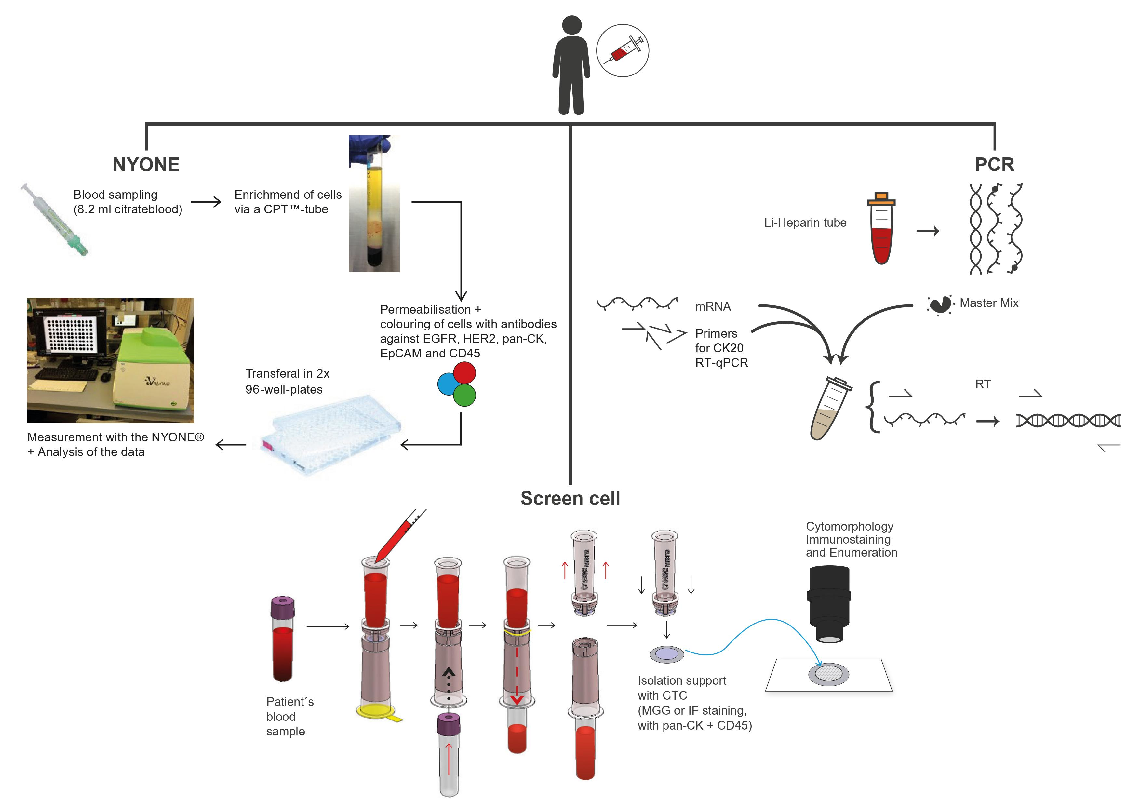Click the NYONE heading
pyautogui.click(x=146, y=165)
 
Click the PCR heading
pyautogui.click(x=994, y=165)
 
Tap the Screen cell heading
pyautogui.click(x=570, y=498)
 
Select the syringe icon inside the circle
pyautogui.click(x=623, y=50)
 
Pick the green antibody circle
pyautogui.click(x=465, y=396)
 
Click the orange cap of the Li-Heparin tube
pyautogui.click(x=881, y=199)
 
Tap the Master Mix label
pyautogui.click(x=988, y=303)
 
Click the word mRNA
pyautogui.click(x=713, y=307)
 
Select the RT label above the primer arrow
pyautogui.click(x=983, y=384)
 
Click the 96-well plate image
pyautogui.click(x=330, y=432)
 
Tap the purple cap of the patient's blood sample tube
pyautogui.click(x=283, y=607)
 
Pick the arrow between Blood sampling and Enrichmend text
pyautogui.click(x=206, y=202)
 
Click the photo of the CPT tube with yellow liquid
pyautogui.click(x=374, y=204)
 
